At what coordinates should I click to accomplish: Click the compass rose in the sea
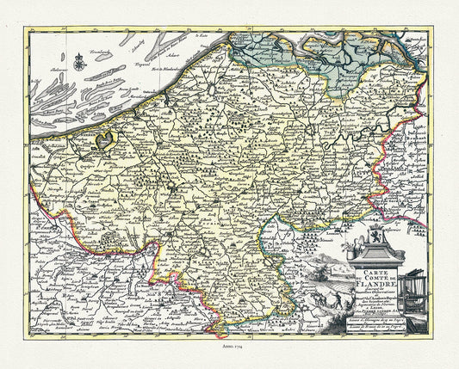tap(79, 59)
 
